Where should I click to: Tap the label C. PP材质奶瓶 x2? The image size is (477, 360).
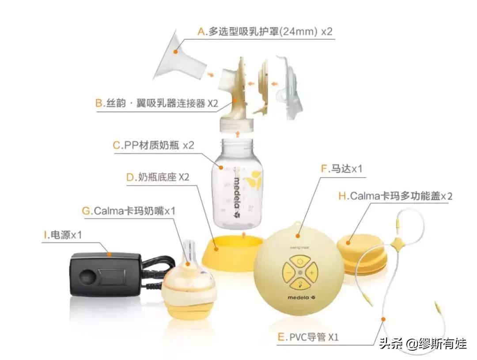tap(153, 145)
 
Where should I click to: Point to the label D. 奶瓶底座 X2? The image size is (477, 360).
tap(158, 178)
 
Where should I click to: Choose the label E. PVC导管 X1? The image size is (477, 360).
tap(308, 337)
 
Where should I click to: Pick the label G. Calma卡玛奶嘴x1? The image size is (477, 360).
tap(129, 211)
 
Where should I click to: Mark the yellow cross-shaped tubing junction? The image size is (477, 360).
tap(396, 242)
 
